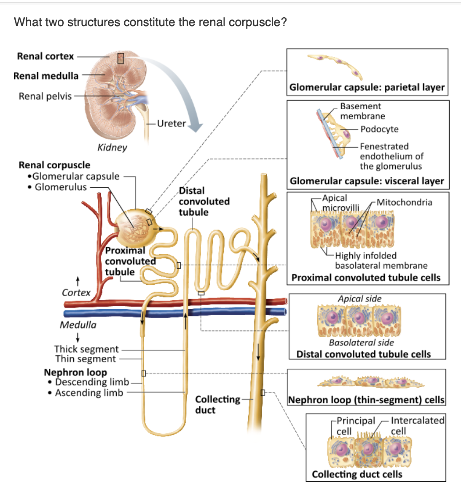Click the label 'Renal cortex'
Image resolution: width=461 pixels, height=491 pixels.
click(x=45, y=56)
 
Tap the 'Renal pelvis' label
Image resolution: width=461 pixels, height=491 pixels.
click(x=45, y=96)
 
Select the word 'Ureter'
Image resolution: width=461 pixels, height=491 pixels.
click(x=171, y=124)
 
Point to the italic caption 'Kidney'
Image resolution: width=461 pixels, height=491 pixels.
click(x=112, y=147)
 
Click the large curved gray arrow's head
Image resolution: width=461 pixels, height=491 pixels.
click(x=195, y=126)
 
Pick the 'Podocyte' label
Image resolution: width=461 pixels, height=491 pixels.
click(x=379, y=129)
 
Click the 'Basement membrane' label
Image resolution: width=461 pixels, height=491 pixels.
click(x=362, y=111)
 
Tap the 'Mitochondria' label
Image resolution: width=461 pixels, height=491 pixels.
click(x=404, y=202)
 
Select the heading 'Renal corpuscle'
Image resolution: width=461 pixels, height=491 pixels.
click(x=54, y=165)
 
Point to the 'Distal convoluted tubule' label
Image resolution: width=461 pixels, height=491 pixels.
click(x=204, y=201)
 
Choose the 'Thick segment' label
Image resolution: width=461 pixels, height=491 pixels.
click(x=86, y=349)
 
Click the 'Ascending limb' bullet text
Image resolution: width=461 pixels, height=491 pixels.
click(x=89, y=393)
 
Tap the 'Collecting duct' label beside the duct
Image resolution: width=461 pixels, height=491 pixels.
click(x=217, y=405)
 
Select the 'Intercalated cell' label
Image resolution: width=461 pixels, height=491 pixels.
click(x=417, y=426)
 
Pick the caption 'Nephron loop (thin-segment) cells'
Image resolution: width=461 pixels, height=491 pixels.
click(x=366, y=399)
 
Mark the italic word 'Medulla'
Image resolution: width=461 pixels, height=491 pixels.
click(x=78, y=325)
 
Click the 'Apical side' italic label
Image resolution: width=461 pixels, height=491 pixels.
click(x=359, y=299)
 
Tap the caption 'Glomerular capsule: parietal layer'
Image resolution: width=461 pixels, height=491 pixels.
click(x=367, y=87)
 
